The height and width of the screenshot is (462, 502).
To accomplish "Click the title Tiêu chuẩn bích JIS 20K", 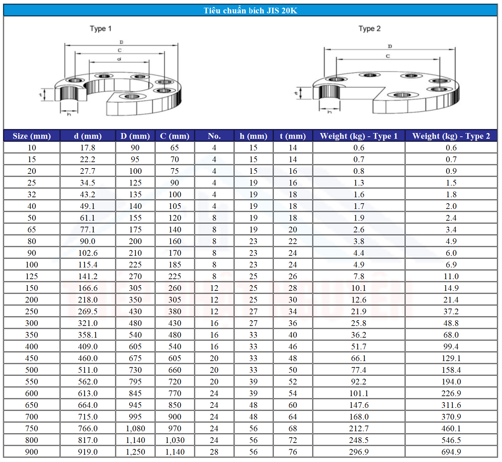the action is click(250, 10).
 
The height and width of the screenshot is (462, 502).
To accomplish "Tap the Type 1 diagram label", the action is click(101, 29).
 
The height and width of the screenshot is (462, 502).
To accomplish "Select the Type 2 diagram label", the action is click(369, 29).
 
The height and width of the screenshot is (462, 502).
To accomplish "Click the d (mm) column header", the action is click(88, 136).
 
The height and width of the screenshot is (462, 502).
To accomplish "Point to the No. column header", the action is click(214, 136).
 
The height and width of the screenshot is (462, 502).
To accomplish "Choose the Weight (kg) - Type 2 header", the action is click(451, 136).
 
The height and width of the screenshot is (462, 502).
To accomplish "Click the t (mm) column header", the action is click(293, 136).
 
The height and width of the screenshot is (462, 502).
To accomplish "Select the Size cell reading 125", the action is click(32, 276).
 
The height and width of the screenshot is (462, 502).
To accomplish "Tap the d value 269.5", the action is click(88, 312).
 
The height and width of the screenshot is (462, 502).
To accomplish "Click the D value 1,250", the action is click(136, 452).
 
